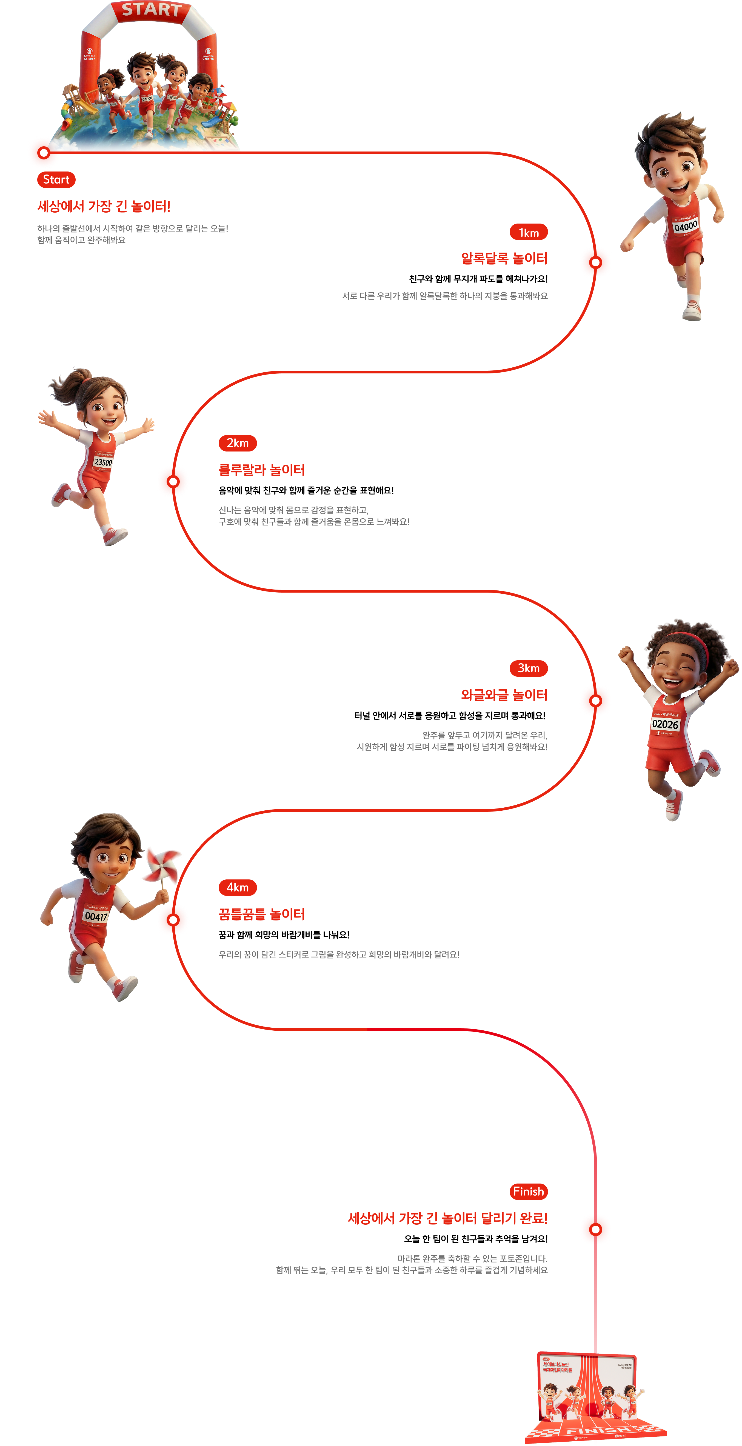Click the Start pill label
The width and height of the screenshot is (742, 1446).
56,180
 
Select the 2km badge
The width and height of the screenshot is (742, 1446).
237,443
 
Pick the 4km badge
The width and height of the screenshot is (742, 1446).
237,887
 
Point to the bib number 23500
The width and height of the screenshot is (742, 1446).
103,462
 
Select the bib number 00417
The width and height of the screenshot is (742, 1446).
96,916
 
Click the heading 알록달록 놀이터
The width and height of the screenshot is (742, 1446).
504,259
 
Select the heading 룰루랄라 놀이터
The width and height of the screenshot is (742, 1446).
262,470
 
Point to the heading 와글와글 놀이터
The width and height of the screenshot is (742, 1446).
504,695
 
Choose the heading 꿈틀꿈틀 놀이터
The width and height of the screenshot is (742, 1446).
262,915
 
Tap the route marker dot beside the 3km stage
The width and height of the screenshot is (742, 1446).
595,701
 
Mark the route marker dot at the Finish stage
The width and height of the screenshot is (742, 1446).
595,1229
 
